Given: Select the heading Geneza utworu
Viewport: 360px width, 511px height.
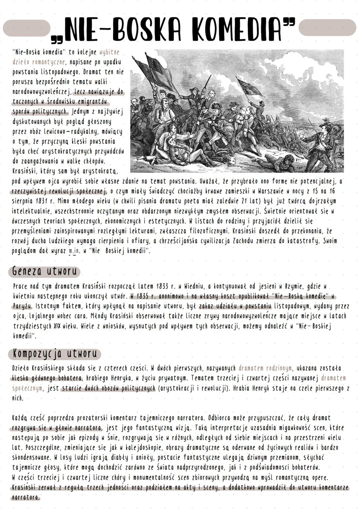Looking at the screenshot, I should [x=44, y=271].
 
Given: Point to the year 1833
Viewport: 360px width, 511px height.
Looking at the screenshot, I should [x=162, y=286].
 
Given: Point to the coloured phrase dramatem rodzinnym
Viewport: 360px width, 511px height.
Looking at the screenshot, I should [x=265, y=369].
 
